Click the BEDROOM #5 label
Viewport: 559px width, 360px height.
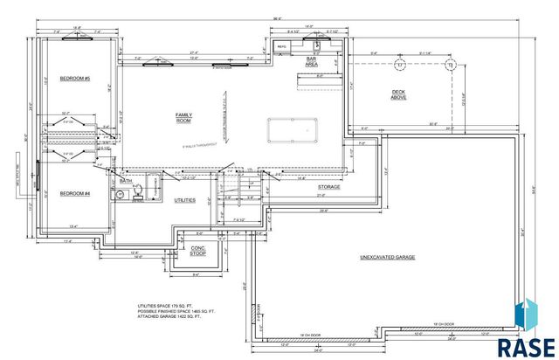[x=75, y=80]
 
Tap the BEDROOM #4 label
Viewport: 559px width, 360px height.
[x=75, y=193]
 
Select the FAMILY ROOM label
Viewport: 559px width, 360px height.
[x=183, y=117]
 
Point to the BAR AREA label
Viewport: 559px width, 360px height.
[x=311, y=62]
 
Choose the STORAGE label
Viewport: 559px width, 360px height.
[x=328, y=186]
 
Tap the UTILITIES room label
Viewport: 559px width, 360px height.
[x=185, y=200]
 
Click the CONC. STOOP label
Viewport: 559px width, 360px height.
[x=198, y=251]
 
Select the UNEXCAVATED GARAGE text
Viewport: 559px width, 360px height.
[x=387, y=258]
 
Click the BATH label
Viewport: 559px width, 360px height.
[x=126, y=182]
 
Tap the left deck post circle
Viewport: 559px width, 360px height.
[x=398, y=66]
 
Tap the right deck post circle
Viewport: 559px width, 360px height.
[x=451, y=66]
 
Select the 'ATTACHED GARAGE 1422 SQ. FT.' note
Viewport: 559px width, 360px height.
[x=168, y=322]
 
